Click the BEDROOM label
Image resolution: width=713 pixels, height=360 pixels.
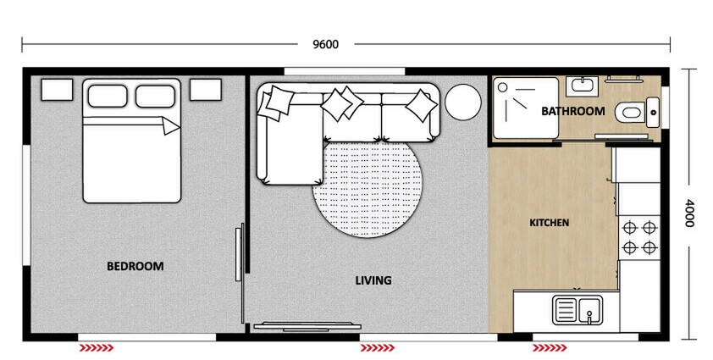135,266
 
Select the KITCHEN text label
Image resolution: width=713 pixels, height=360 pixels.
549,223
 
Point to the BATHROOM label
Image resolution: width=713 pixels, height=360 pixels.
573,111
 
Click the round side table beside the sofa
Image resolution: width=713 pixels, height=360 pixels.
463,103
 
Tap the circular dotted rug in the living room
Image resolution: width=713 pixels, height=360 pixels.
368,187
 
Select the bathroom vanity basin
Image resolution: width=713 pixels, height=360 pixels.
582,85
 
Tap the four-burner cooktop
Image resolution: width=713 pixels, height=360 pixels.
640,237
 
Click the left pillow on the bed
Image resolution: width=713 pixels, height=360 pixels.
108,95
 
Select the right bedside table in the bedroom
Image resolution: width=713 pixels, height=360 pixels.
205,89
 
